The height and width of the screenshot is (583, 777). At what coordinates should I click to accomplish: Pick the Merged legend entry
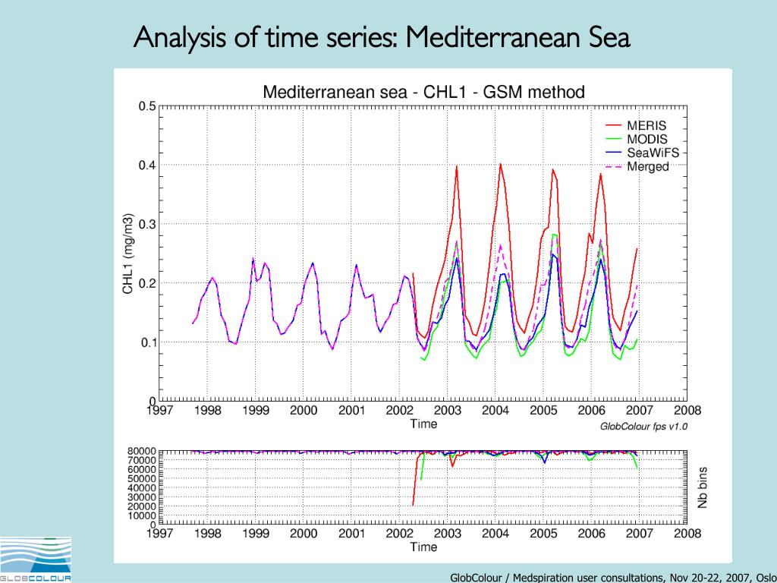click(x=647, y=166)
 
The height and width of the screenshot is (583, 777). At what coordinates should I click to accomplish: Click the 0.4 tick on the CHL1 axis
click(x=146, y=165)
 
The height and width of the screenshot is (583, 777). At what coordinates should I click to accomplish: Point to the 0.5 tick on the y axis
click(x=146, y=106)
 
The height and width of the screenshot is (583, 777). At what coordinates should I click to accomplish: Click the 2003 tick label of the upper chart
click(x=447, y=411)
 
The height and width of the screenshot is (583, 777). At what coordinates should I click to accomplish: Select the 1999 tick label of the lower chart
click(x=255, y=534)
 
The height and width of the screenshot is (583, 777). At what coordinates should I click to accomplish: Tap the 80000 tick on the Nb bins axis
click(x=141, y=451)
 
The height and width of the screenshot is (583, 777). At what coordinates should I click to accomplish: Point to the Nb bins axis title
click(x=703, y=487)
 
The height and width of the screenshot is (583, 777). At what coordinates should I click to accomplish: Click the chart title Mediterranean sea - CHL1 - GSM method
click(x=423, y=93)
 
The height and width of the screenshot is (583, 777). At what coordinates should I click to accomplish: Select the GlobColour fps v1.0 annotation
click(x=643, y=427)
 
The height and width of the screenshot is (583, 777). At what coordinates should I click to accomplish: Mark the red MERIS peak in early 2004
click(x=500, y=163)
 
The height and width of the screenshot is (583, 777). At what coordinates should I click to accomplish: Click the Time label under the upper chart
click(x=423, y=424)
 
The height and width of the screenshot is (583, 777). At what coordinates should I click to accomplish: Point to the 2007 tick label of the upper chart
click(x=639, y=411)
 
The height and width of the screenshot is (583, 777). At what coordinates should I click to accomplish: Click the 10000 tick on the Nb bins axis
click(x=141, y=515)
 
